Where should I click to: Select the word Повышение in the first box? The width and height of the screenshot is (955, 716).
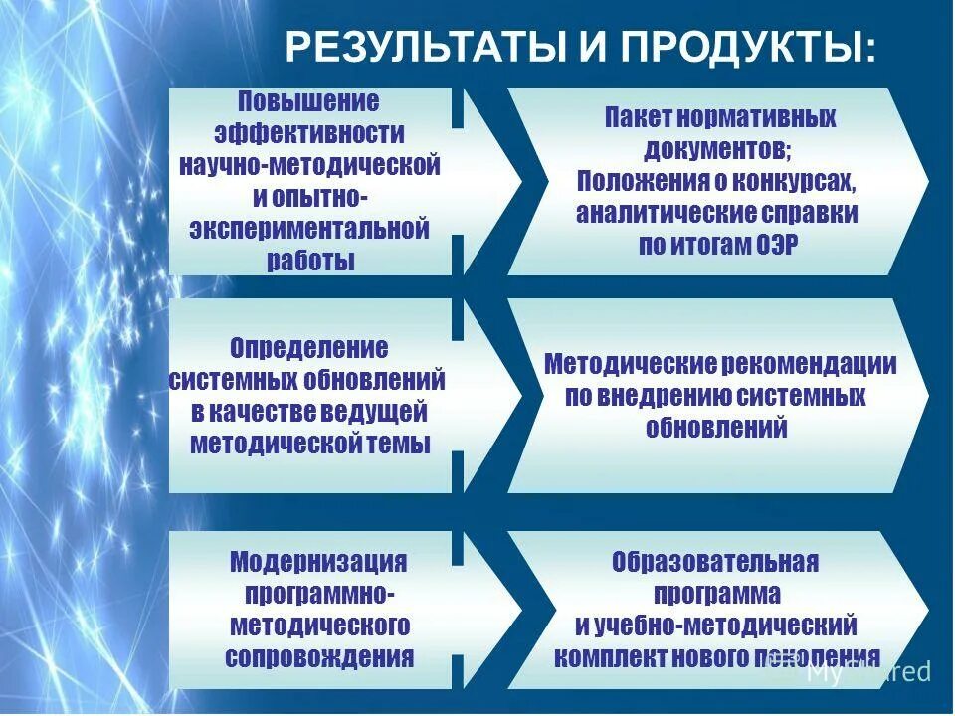(308, 102)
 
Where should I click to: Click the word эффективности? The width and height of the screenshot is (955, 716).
(308, 134)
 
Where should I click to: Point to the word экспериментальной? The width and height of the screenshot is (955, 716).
(308, 230)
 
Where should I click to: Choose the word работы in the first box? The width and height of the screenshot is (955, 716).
(309, 262)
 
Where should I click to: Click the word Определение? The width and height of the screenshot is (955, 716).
(308, 348)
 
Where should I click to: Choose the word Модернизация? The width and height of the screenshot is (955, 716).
(318, 561)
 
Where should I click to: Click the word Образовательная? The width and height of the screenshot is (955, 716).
(716, 562)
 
